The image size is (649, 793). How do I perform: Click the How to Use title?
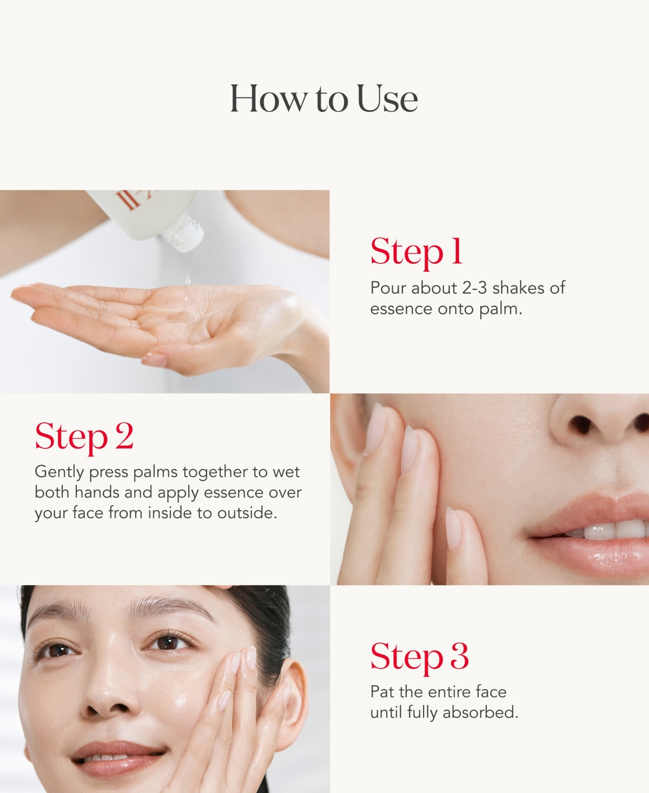(x=324, y=98)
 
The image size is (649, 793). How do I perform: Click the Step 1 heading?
(x=416, y=252)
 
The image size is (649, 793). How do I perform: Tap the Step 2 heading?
(x=84, y=437)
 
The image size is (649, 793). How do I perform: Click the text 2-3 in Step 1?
(x=475, y=288)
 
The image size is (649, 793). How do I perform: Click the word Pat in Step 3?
(x=383, y=692)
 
